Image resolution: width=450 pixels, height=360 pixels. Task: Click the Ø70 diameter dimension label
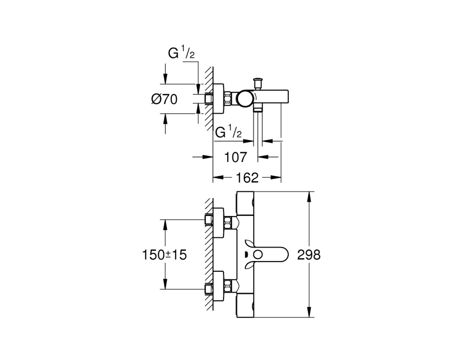click(164, 99)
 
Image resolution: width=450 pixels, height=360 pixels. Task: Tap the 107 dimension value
click(235, 157)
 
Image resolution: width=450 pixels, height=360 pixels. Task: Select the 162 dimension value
click(247, 178)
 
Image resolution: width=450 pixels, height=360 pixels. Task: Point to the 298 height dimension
click(309, 254)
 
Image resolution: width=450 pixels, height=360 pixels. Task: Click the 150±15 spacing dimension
click(165, 255)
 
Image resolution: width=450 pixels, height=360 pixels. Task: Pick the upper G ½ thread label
click(181, 54)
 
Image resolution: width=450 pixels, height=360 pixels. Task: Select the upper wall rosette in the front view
click(219, 222)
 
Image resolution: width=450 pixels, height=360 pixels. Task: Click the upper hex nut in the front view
click(229, 223)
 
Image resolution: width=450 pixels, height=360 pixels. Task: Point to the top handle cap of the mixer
click(245, 203)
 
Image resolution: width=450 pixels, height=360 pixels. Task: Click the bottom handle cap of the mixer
click(245, 306)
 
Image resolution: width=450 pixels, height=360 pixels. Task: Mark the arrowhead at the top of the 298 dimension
click(309, 197)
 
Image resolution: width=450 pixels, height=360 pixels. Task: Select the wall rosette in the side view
click(219, 99)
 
